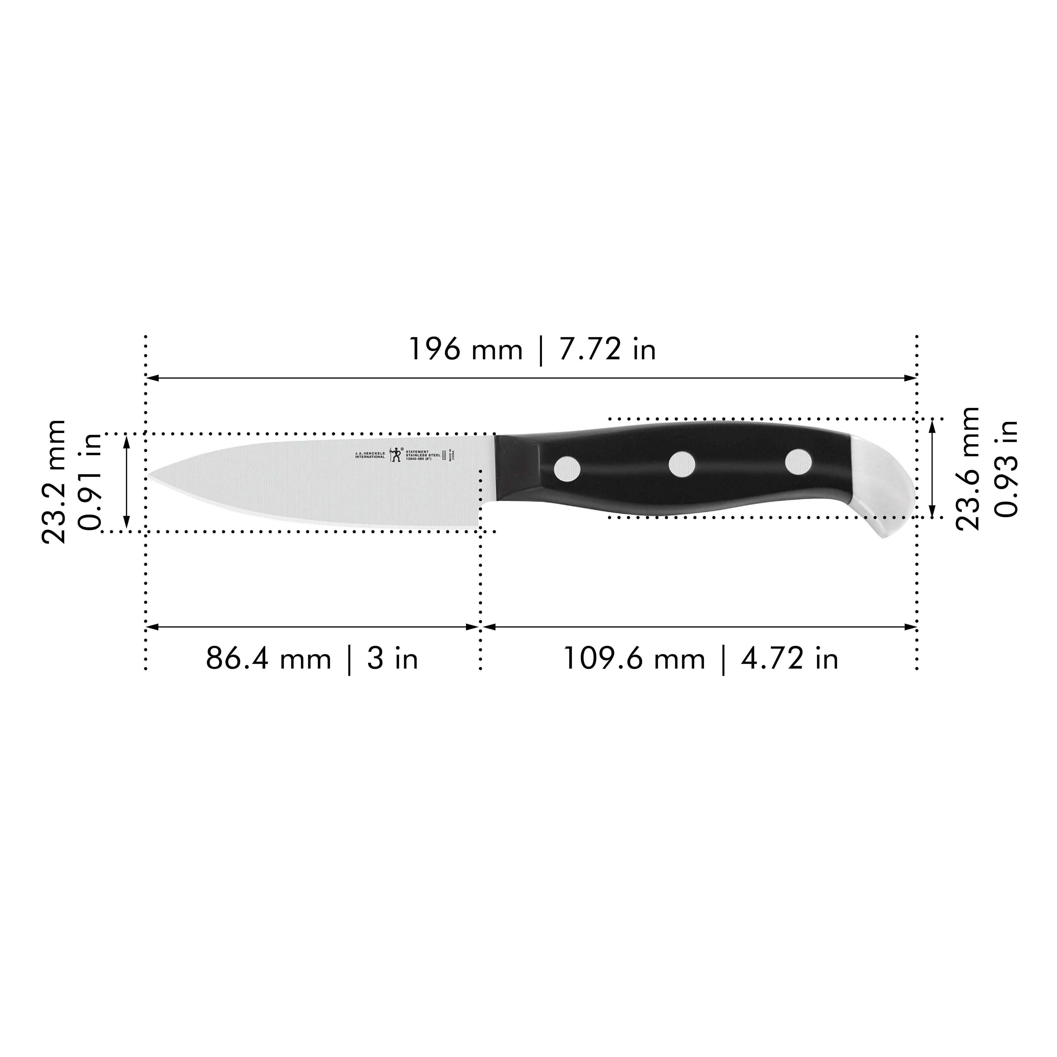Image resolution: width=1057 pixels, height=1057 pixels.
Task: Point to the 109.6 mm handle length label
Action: coord(634,659)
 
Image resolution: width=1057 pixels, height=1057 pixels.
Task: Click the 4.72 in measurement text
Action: coord(789,659)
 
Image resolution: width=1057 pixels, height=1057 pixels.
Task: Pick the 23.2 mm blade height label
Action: coord(54,481)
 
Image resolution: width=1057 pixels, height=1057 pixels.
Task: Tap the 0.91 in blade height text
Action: coord(90,481)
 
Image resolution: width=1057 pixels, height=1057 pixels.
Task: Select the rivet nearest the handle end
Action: coord(798,461)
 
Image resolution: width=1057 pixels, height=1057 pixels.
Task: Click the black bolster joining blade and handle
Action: coord(517,468)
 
